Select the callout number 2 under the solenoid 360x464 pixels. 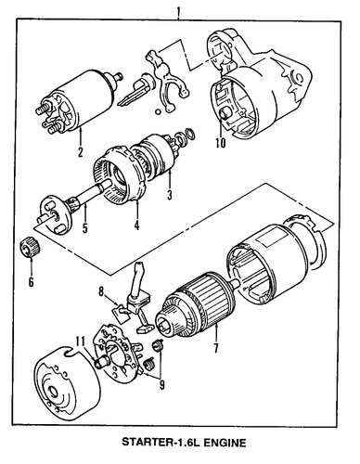tap(81, 151)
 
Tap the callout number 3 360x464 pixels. tap(170, 195)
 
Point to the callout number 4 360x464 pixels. tap(136, 226)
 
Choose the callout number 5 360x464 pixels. tap(84, 228)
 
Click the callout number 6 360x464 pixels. tap(31, 282)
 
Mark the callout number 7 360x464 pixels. tap(215, 348)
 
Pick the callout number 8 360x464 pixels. tap(101, 291)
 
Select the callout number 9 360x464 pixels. tap(161, 385)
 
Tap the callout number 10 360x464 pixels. tap(221, 143)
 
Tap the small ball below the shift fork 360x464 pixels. tap(159, 111)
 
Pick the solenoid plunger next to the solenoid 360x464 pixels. tap(136, 90)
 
